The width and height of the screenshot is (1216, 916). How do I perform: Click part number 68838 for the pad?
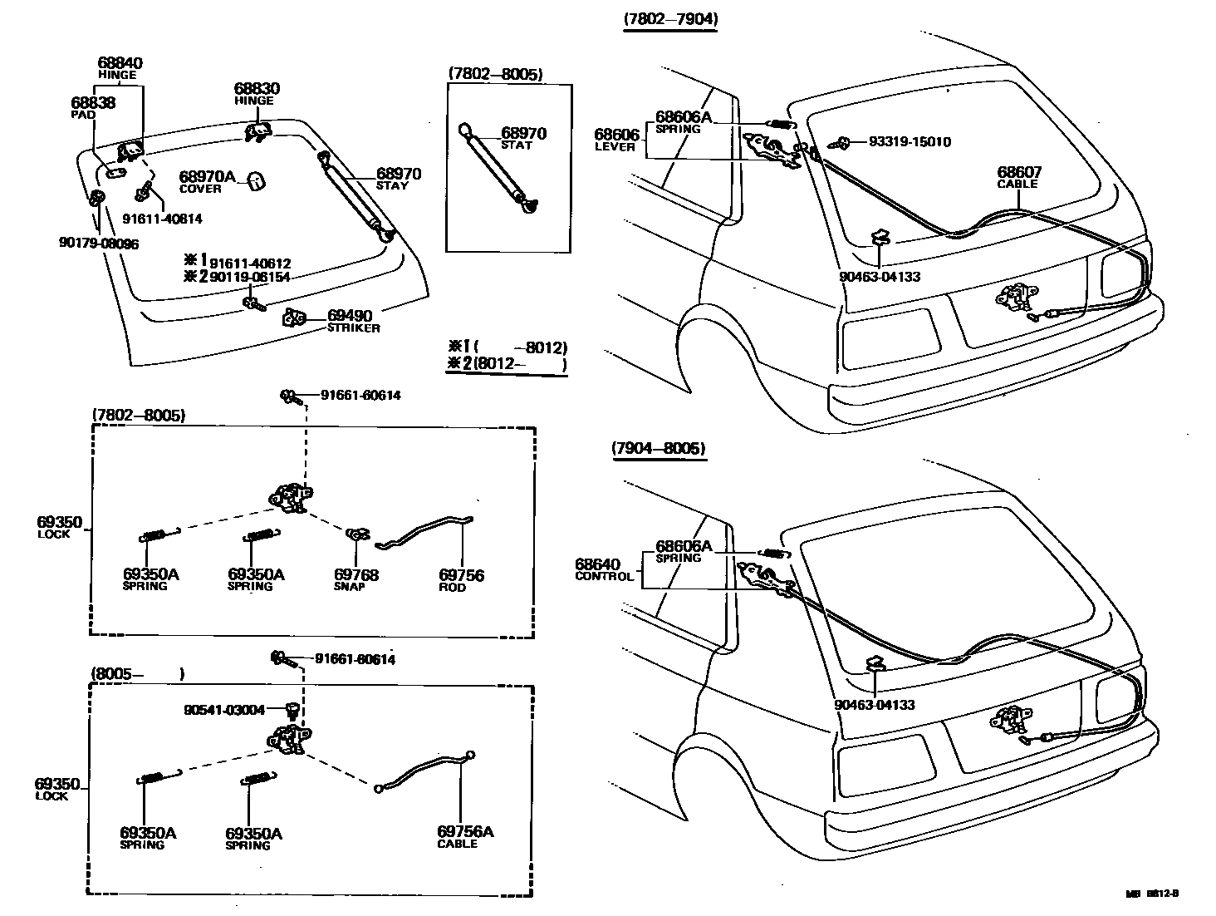click(93, 103)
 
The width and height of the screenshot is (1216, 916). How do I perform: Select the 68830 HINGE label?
click(256, 92)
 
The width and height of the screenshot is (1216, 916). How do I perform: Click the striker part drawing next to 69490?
click(295, 318)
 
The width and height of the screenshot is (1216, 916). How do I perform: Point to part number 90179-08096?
click(98, 244)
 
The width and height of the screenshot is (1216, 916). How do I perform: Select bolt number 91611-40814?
click(162, 219)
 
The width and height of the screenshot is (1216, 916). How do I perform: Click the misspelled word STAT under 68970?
click(516, 145)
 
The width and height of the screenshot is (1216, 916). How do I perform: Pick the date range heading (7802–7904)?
click(671, 18)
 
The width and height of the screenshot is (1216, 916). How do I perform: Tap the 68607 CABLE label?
click(1018, 176)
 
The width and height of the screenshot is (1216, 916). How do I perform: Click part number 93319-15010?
click(910, 141)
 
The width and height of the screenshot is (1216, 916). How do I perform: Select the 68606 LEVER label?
click(615, 139)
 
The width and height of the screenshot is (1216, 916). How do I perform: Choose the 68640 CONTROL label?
click(604, 569)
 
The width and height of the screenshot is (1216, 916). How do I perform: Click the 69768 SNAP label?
click(356, 579)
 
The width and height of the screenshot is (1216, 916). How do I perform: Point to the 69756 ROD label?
click(461, 579)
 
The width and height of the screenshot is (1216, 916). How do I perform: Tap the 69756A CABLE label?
click(465, 836)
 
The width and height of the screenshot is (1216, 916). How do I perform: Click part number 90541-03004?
click(224, 710)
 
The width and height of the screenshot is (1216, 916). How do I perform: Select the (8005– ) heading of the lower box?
click(137, 673)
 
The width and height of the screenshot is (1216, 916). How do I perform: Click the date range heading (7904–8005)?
click(659, 448)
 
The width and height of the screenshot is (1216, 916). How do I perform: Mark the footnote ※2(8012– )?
click(507, 364)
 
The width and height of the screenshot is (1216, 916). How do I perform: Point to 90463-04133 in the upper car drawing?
click(879, 276)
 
